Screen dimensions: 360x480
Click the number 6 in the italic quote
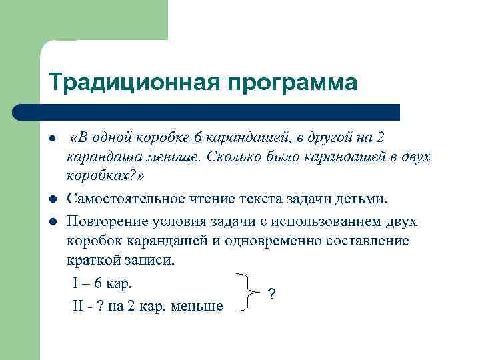pyautogui.click(x=197, y=138)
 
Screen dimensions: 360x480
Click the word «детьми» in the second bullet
pyautogui.click(x=363, y=199)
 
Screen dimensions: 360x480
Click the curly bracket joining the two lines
pyautogui.click(x=248, y=293)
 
